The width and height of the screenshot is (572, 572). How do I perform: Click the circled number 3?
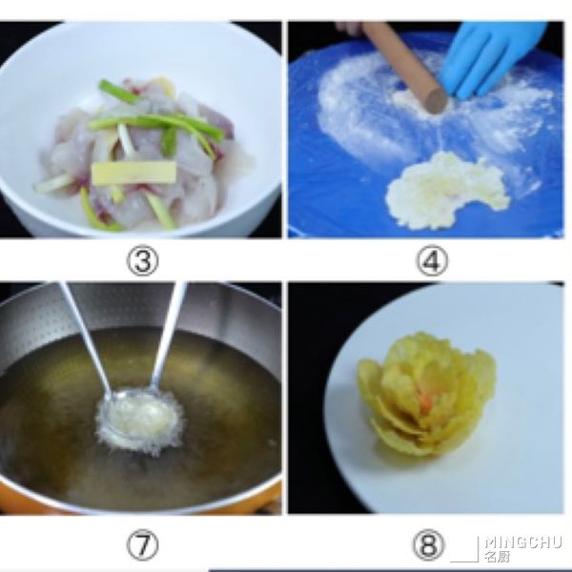143,260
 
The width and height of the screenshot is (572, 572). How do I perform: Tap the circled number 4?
432,261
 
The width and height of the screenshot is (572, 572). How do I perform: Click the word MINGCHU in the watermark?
522,542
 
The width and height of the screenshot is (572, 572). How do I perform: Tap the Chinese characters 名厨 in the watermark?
497,557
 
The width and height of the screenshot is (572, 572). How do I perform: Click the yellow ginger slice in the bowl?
133,173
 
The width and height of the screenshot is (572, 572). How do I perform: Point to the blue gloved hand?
489,58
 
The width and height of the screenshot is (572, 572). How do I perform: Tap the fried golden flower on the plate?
427,392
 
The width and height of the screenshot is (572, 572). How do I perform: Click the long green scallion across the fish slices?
157,125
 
